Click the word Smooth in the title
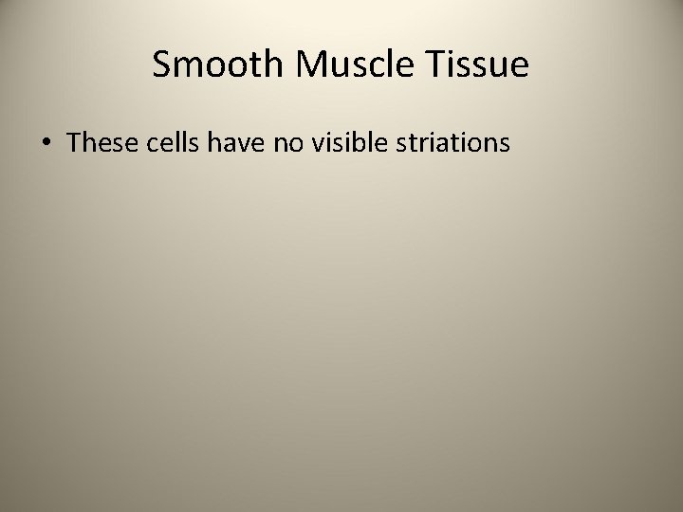pos(214,65)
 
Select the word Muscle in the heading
pos(344,65)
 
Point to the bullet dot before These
pos(46,143)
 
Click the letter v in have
pos(236,143)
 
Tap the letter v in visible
pos(312,143)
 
